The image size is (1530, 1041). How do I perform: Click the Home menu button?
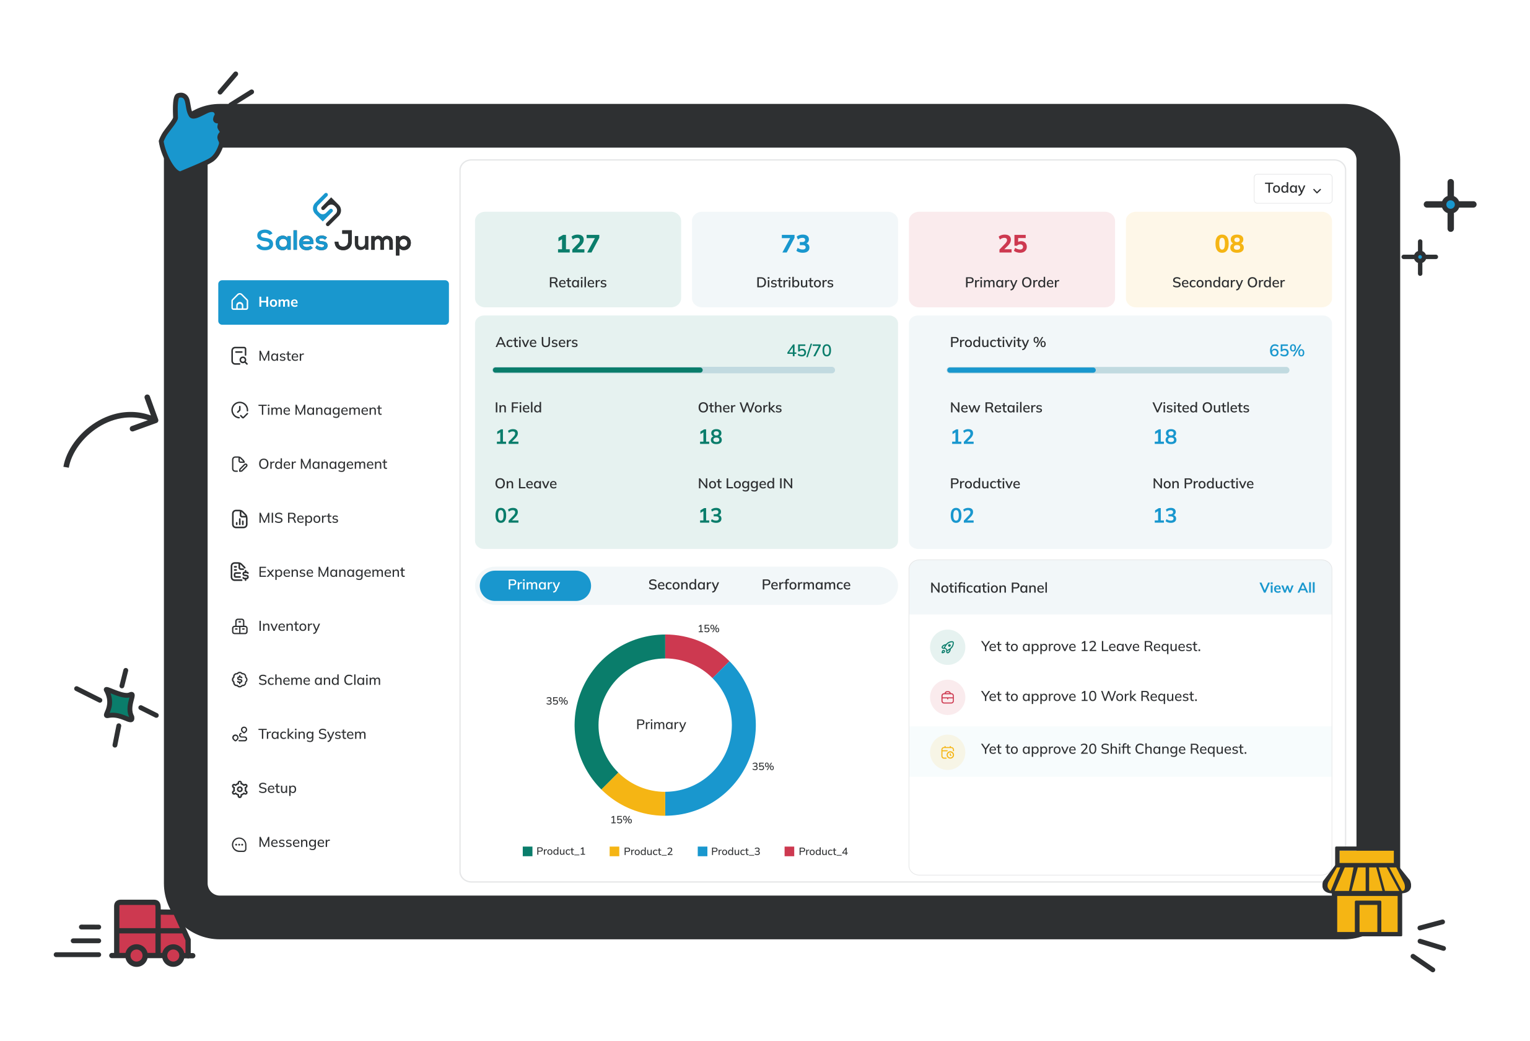point(333,302)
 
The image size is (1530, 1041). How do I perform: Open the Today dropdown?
point(1292,189)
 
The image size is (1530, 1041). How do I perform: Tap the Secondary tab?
point(683,585)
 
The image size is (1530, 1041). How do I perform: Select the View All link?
point(1287,587)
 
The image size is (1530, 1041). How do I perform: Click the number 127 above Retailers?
point(577,244)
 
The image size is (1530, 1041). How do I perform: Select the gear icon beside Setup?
point(240,789)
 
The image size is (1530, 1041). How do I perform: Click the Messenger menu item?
point(293,842)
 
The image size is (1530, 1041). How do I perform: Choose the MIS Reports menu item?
point(297,518)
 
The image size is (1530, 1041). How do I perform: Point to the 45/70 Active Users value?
point(808,350)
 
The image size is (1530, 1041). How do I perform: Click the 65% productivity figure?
point(1286,350)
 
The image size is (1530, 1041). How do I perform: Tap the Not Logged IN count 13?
point(710,516)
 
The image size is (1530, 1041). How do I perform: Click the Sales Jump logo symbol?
point(326,209)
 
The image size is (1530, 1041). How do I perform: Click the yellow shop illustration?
point(1366,892)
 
